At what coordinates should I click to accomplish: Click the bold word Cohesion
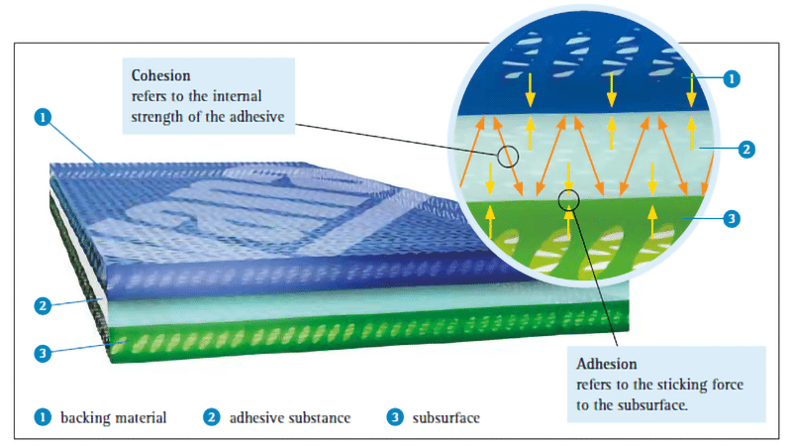click(x=160, y=75)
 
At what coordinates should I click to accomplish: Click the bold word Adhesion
click(x=606, y=364)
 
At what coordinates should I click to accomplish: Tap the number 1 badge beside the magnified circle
click(x=732, y=79)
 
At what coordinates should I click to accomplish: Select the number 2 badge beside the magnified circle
click(x=746, y=150)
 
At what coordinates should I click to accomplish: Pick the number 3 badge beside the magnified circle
click(x=732, y=219)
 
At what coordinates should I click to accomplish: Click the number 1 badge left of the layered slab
click(x=43, y=117)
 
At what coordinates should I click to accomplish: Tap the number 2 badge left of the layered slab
click(x=43, y=306)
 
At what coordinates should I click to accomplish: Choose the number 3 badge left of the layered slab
click(x=43, y=353)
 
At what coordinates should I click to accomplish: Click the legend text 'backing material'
click(x=113, y=417)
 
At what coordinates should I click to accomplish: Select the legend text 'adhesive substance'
click(x=290, y=417)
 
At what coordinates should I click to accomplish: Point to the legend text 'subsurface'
click(x=446, y=417)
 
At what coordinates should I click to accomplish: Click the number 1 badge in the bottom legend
click(x=43, y=417)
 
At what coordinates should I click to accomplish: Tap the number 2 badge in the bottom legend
click(x=212, y=417)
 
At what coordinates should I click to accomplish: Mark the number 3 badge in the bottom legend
click(x=395, y=417)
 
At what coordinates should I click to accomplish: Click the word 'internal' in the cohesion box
click(x=237, y=96)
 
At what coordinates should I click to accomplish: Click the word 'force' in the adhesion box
click(x=728, y=385)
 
